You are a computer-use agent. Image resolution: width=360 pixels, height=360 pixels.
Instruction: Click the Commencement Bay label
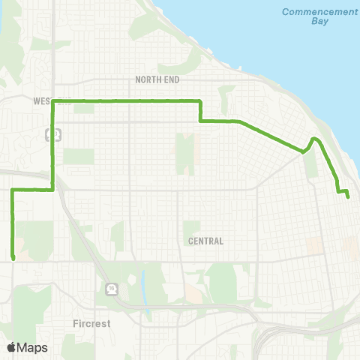point(310,16)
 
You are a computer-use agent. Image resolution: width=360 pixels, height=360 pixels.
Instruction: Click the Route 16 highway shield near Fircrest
point(111,288)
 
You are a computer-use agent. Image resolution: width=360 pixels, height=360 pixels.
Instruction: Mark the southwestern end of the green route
point(14,259)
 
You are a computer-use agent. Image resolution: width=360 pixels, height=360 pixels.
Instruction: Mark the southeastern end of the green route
point(349,197)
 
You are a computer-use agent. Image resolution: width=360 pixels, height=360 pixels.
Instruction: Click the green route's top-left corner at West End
point(52,100)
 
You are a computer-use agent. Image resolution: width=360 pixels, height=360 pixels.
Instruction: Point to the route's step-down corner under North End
point(199,120)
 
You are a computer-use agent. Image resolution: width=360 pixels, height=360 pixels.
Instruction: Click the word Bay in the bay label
point(310,22)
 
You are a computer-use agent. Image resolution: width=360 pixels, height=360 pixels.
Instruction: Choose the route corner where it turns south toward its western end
point(13,190)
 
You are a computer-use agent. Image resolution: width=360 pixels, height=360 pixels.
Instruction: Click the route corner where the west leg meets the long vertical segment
point(52,190)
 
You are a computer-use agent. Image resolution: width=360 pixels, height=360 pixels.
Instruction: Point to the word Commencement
point(310,11)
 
